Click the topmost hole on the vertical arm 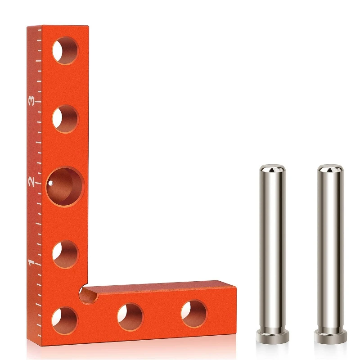(65, 51)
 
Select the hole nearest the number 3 (65, 119)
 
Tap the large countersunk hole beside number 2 (65, 186)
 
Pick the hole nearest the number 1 (65, 253)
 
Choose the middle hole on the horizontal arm (130, 316)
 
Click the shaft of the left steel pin (272, 247)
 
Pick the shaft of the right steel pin (329, 247)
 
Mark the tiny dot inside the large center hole (51, 183)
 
